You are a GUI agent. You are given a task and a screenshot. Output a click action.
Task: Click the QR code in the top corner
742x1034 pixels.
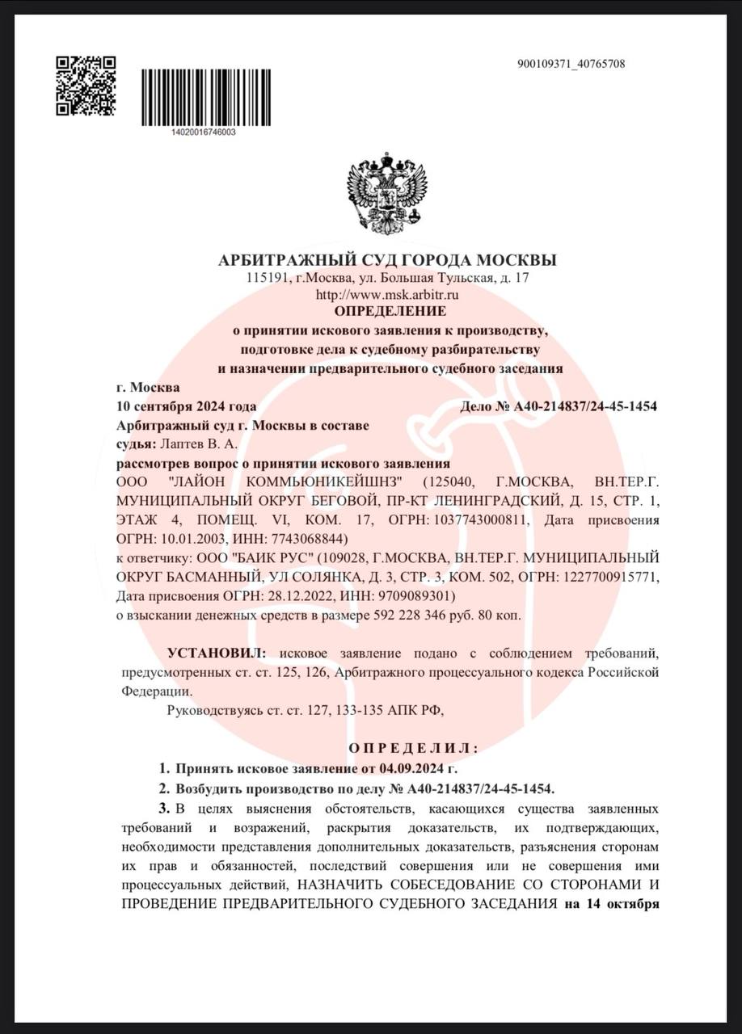point(86,86)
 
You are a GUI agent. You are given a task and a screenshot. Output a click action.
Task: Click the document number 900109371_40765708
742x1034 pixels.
point(571,64)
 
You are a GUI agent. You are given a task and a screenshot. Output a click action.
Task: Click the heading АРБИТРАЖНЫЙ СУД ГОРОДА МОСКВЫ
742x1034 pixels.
point(387,260)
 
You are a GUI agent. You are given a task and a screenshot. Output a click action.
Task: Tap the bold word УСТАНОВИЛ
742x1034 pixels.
point(215,653)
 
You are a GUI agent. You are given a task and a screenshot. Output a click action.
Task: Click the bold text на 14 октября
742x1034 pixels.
point(611,904)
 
